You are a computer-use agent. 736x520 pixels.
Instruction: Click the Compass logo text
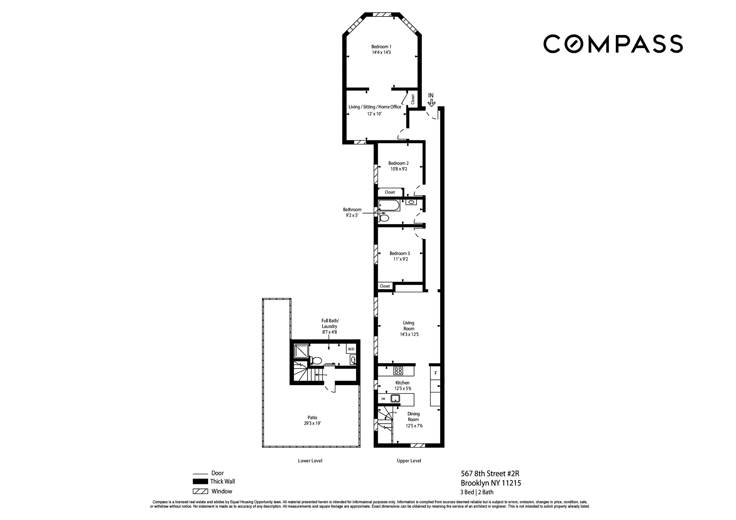pos(613,44)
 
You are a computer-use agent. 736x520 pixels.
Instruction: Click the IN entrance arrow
pos(432,102)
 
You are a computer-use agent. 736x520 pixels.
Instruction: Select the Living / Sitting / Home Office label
pos(375,107)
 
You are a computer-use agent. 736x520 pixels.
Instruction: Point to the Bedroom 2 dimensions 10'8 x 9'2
pos(398,169)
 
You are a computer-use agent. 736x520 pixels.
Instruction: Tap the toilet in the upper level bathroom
pos(384,218)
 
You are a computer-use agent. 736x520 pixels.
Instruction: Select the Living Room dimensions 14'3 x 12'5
pos(409,334)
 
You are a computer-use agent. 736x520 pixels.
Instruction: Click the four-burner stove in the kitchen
pos(398,371)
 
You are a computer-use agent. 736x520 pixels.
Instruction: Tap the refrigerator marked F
pos(435,373)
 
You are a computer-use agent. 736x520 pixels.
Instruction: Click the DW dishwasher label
pos(383,399)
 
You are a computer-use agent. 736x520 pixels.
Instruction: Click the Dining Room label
pos(413,417)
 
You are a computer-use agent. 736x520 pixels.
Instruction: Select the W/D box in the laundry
pos(351,349)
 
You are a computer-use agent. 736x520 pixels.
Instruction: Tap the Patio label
pos(312,418)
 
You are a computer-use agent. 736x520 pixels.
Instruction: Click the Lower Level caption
pos(310,461)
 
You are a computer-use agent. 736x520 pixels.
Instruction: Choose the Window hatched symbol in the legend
pos(200,491)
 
